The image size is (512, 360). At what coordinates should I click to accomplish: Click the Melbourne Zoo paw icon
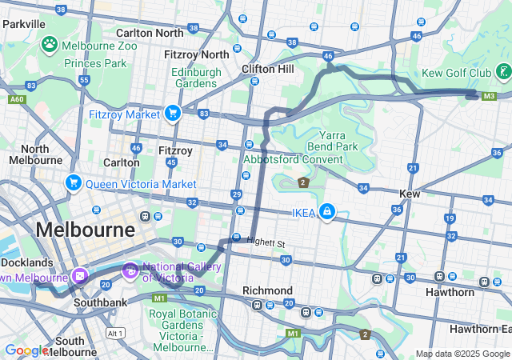pyautogui.click(x=50, y=44)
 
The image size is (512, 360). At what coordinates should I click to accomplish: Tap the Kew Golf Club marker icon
pyautogui.click(x=502, y=73)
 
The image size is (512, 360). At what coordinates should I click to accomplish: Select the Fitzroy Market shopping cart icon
pyautogui.click(x=172, y=114)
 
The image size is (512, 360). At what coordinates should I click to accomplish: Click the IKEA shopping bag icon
pyautogui.click(x=326, y=211)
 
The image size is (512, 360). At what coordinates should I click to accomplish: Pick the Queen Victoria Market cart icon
pyautogui.click(x=74, y=183)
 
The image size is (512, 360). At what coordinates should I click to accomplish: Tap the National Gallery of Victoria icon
pyautogui.click(x=130, y=272)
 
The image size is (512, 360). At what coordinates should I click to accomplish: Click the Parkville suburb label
pyautogui.click(x=23, y=24)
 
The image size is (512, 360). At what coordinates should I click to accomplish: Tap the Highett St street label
pyautogui.click(x=266, y=242)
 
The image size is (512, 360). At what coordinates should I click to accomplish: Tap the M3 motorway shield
pyautogui.click(x=490, y=96)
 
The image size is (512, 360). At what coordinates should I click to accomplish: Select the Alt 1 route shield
pyautogui.click(x=116, y=332)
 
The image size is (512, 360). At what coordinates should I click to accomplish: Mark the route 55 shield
pyautogui.click(x=85, y=81)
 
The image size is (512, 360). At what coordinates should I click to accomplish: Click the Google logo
pyautogui.click(x=26, y=350)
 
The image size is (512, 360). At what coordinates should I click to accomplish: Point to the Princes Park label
pyautogui.click(x=95, y=62)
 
